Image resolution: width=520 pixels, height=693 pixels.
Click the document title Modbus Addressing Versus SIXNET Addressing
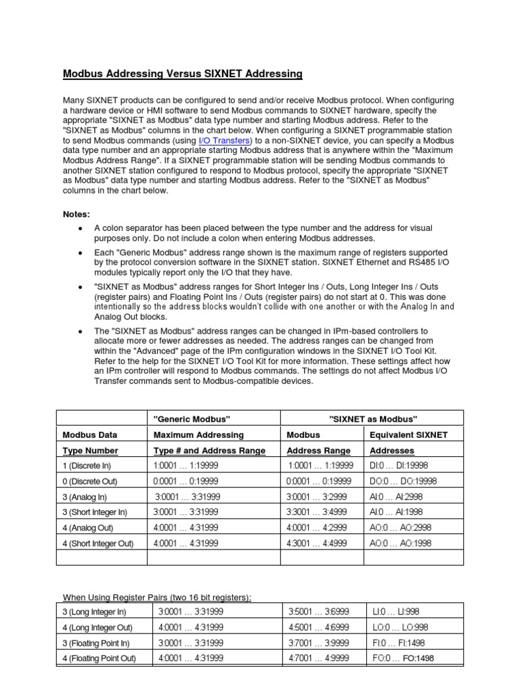tap(182, 73)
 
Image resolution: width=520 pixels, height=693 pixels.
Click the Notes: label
tap(77, 214)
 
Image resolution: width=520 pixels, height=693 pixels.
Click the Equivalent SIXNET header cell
tap(408, 434)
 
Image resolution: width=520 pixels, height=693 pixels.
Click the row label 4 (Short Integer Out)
tap(98, 543)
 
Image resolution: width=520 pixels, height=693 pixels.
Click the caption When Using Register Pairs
tap(157, 596)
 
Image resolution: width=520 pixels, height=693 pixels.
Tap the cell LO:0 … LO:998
tap(399, 627)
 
